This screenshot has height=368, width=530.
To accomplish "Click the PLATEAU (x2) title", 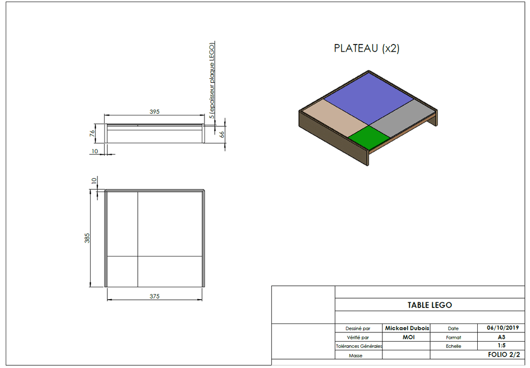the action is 366,48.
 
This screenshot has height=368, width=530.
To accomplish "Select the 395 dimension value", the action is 154,111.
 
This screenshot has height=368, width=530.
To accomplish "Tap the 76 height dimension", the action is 92,134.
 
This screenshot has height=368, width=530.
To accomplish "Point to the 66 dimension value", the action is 222,134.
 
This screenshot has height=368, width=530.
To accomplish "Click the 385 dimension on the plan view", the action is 87,238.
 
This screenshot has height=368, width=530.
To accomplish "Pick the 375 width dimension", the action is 154,296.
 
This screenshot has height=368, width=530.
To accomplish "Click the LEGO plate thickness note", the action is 212,80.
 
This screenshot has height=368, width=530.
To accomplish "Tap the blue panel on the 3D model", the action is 369,98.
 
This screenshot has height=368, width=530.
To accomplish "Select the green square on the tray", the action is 369,137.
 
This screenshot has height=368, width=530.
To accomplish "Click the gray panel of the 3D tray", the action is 402,119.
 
